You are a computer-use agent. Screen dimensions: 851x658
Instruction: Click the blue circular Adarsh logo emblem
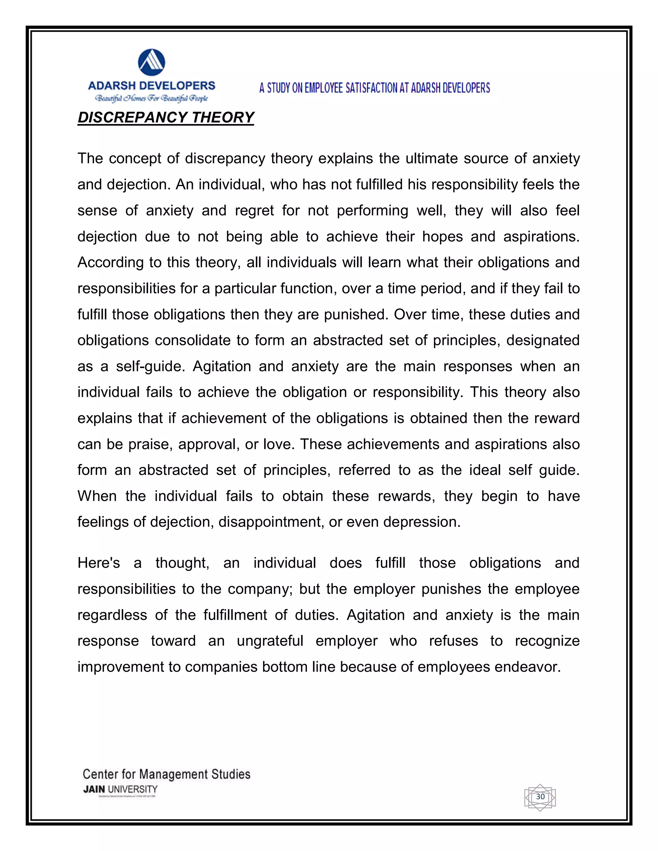152,62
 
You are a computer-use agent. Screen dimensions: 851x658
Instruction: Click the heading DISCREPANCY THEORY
166,117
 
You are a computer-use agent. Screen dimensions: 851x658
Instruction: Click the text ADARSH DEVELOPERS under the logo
152,86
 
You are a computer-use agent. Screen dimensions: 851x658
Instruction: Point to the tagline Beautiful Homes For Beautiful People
152,98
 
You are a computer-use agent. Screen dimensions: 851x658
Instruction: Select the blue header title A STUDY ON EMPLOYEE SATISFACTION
374,88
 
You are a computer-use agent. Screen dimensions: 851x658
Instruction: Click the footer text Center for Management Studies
166,774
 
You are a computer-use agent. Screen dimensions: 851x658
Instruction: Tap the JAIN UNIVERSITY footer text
120,789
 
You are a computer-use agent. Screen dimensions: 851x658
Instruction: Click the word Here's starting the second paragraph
99,563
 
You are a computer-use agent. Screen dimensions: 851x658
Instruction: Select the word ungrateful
270,641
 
